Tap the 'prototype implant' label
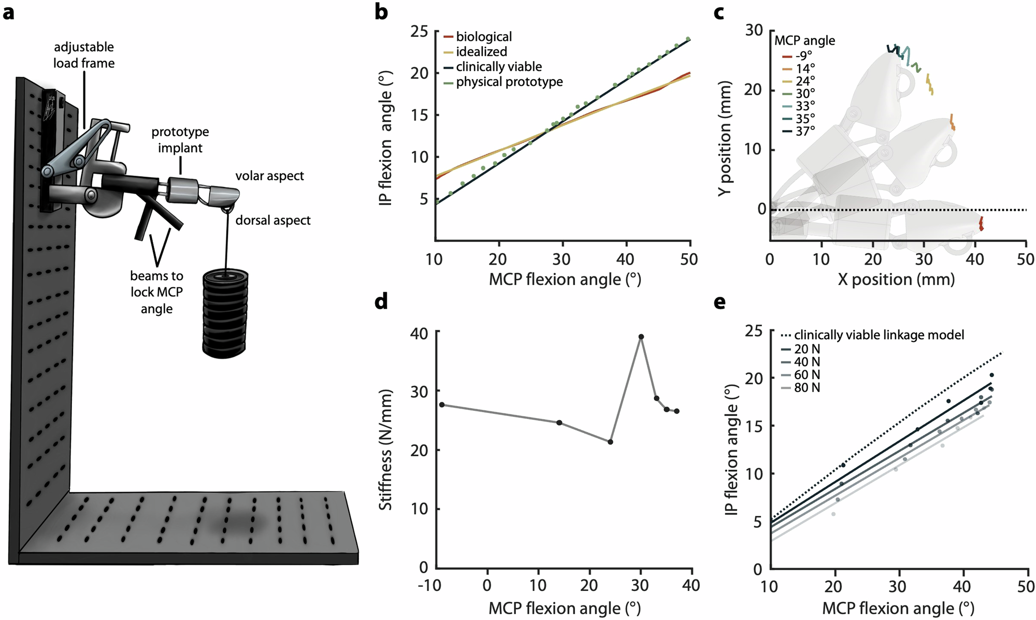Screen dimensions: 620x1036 [x=180, y=140]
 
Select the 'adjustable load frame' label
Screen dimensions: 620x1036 [x=84, y=55]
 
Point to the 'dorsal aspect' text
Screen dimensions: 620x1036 [x=272, y=221]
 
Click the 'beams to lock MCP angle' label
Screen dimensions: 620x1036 [x=156, y=292]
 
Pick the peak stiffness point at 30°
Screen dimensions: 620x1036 [x=641, y=337]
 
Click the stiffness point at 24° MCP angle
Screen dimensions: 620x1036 [x=610, y=442]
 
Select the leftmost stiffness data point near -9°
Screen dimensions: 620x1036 [x=442, y=405]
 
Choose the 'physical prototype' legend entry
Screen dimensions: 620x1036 [x=509, y=82]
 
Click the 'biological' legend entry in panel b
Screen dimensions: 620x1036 [x=483, y=37]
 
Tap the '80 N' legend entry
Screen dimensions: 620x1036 [x=807, y=387]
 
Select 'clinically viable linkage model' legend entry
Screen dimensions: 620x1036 [x=879, y=335]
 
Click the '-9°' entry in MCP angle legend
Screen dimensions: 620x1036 [x=803, y=55]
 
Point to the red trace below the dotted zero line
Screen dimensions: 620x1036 [x=981, y=224]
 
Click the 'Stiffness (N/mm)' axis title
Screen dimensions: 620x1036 [x=385, y=450]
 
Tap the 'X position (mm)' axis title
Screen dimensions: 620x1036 [x=896, y=280]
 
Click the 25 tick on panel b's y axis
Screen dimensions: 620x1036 [x=420, y=32]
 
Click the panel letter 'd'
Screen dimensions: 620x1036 [x=381, y=302]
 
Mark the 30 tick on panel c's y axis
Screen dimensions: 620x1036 [x=754, y=31]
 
